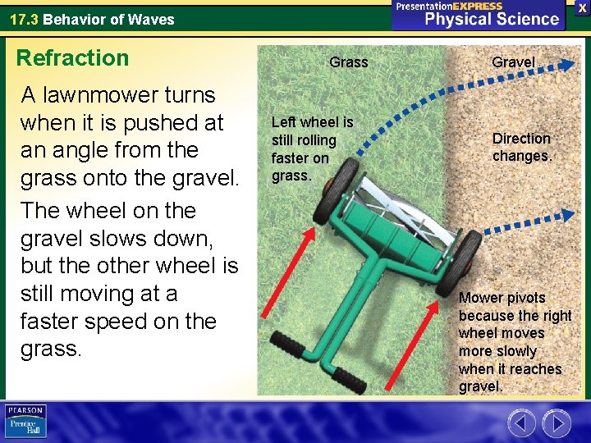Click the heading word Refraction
[x=73, y=58]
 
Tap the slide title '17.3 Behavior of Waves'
[x=92, y=19]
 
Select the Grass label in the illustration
[x=348, y=62]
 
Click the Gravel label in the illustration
[x=513, y=62]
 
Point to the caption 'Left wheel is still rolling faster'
[x=312, y=148]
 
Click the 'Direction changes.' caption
[x=521, y=148]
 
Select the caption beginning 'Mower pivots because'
[x=515, y=341]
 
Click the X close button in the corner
[x=581, y=7]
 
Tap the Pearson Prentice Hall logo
[x=25, y=420]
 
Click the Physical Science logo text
[x=491, y=19]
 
